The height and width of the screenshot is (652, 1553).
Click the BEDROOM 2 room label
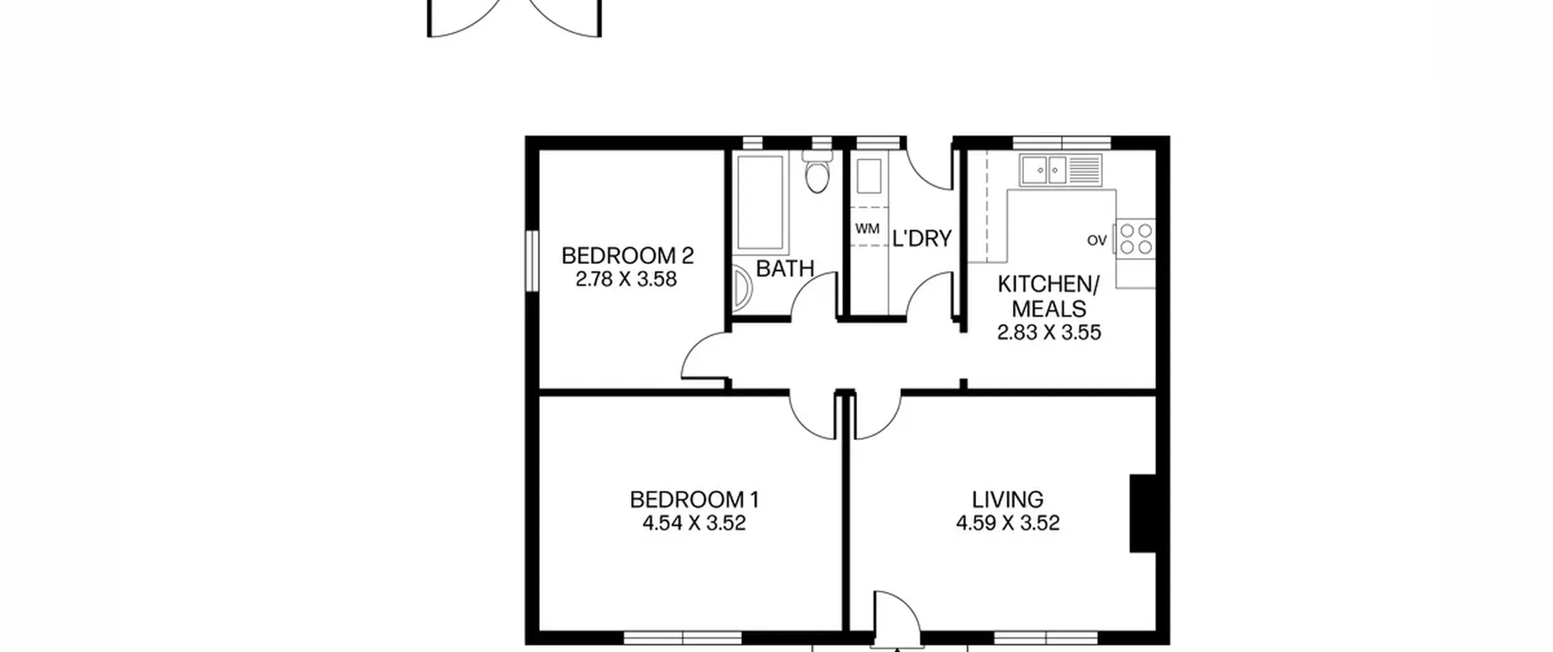click(x=627, y=256)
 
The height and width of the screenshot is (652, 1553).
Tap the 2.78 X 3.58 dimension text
click(x=626, y=280)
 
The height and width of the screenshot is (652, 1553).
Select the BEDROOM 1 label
click(x=694, y=500)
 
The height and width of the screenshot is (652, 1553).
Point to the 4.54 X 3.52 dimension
click(x=694, y=523)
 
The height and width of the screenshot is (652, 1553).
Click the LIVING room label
click(x=1008, y=500)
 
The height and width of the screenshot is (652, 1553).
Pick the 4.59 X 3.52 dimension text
click(x=1008, y=523)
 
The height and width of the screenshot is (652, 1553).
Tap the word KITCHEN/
click(x=1049, y=284)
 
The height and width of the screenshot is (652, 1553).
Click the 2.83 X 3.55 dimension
click(x=1049, y=332)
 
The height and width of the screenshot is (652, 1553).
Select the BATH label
click(x=785, y=269)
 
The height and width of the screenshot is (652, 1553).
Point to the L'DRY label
click(x=921, y=239)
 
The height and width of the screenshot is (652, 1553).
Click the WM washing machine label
click(x=867, y=229)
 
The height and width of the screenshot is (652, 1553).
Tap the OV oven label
click(x=1097, y=241)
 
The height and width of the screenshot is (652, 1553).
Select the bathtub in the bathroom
click(x=760, y=202)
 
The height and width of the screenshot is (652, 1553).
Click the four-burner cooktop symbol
click(x=1136, y=239)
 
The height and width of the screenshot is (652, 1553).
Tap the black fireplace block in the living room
click(x=1143, y=514)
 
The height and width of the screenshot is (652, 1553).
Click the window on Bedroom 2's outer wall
click(x=532, y=261)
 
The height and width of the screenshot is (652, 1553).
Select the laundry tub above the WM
click(x=869, y=176)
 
